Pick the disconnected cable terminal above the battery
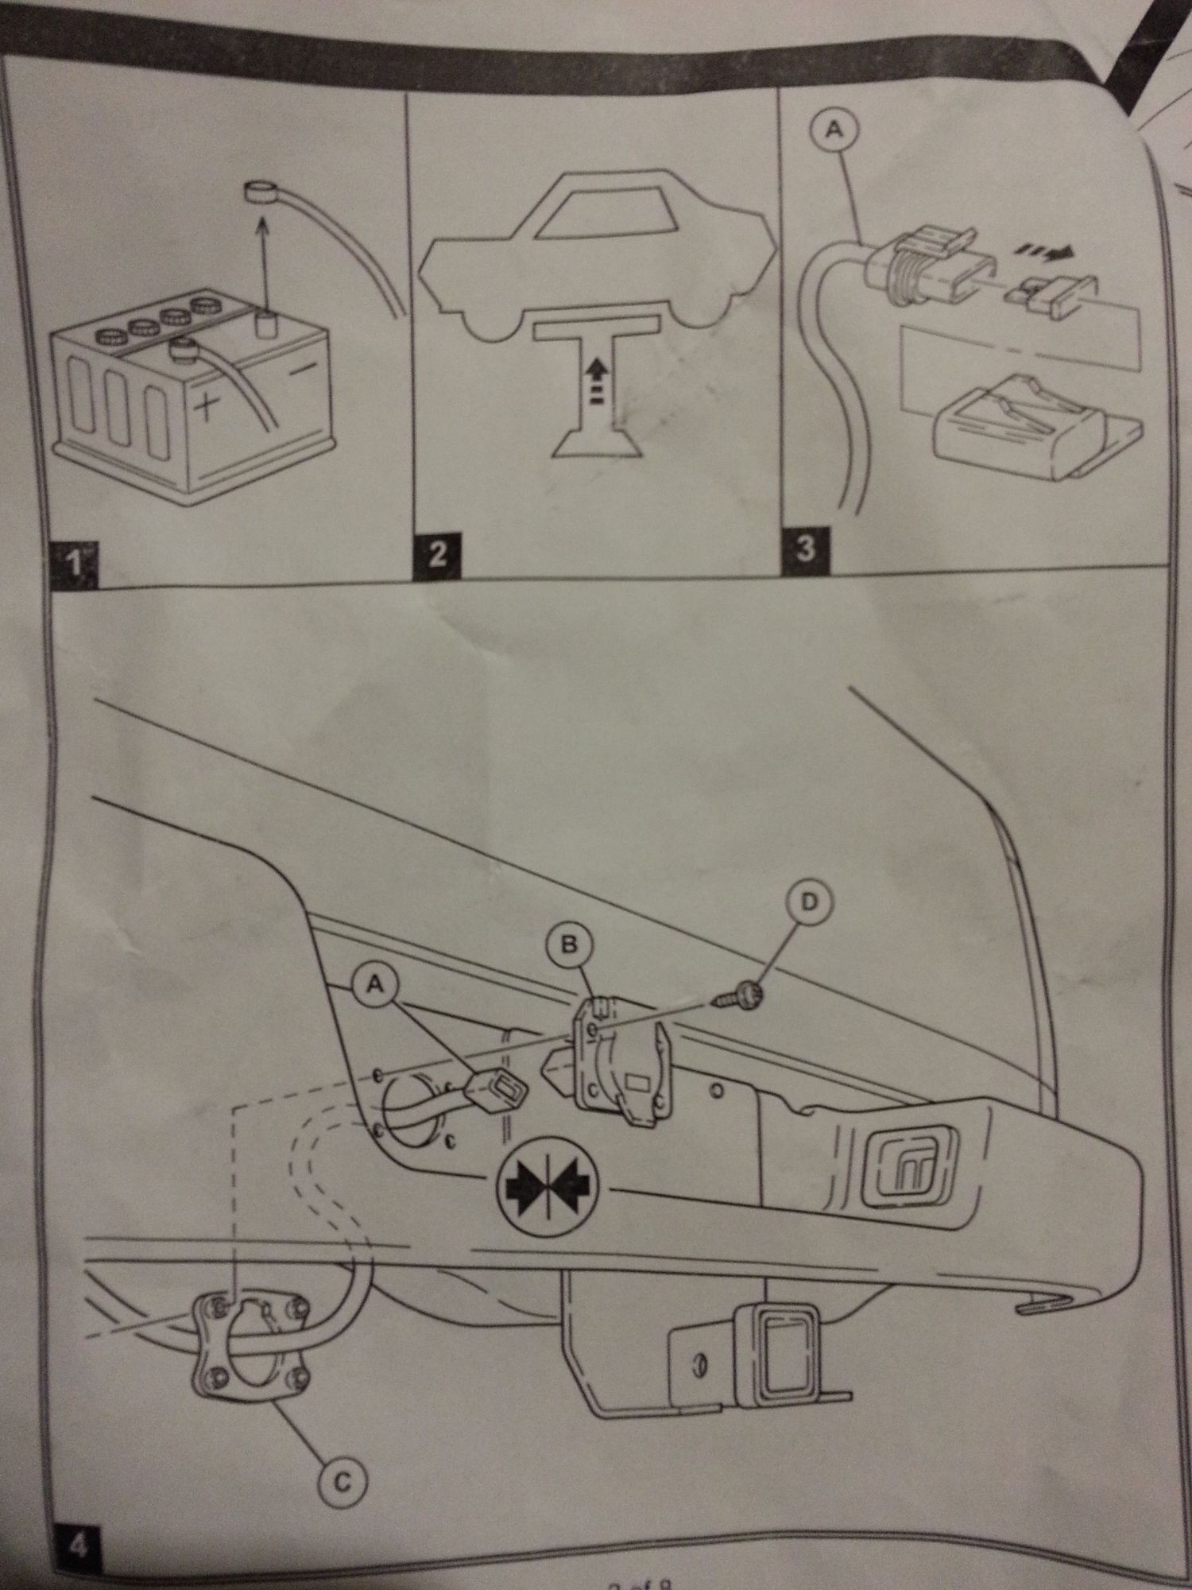[259, 191]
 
